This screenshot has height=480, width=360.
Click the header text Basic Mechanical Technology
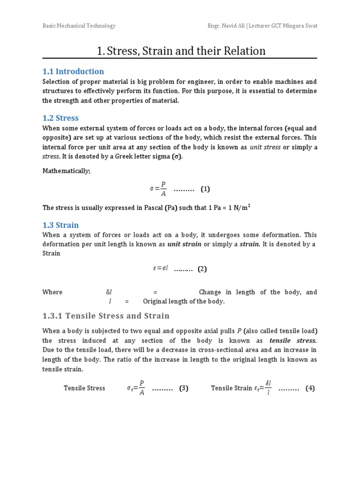tap(79, 26)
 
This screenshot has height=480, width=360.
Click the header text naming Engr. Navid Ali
tap(262, 26)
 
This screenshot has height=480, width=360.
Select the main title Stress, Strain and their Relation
tap(181, 51)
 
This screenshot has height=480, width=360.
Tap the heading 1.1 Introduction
tap(73, 71)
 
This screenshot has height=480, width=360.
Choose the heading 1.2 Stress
tap(60, 118)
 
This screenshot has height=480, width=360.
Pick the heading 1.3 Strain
tap(60, 225)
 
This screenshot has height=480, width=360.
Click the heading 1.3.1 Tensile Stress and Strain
tap(106, 315)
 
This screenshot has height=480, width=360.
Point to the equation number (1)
tap(205, 189)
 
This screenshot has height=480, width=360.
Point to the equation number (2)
tap(202, 269)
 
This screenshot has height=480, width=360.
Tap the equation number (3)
tap(184, 388)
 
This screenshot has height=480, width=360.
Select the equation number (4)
tap(310, 388)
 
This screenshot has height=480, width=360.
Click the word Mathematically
tap(66, 171)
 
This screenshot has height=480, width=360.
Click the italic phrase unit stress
tap(265, 147)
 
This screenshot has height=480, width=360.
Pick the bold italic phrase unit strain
tap(184, 244)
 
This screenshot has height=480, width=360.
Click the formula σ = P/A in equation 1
tap(158, 189)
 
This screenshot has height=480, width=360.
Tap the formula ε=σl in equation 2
tap(160, 269)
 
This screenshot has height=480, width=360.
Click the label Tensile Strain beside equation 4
tap(232, 388)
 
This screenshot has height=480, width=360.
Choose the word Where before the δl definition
tap(52, 292)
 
